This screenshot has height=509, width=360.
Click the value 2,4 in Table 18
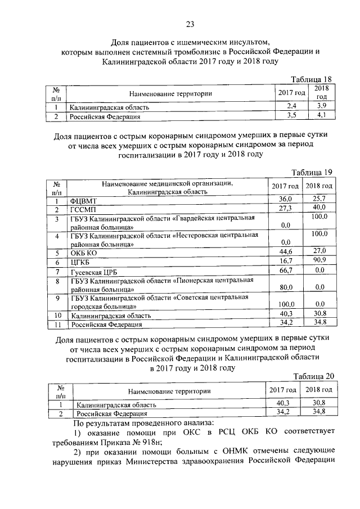pyautogui.click(x=291, y=106)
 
